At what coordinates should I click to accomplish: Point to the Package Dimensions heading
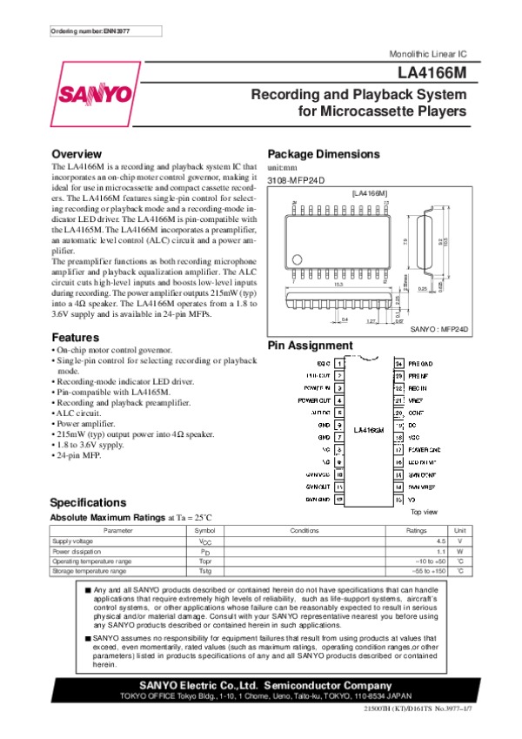click(324, 154)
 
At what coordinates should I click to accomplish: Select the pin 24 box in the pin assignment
click(399, 360)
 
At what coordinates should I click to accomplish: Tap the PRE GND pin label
click(421, 360)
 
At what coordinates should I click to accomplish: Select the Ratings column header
click(418, 530)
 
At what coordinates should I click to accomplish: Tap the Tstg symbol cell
click(205, 571)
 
